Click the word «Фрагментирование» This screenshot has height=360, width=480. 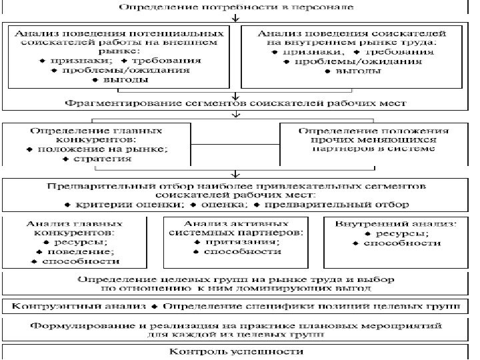[x=110, y=104]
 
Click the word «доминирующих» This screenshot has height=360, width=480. [x=301, y=289]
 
